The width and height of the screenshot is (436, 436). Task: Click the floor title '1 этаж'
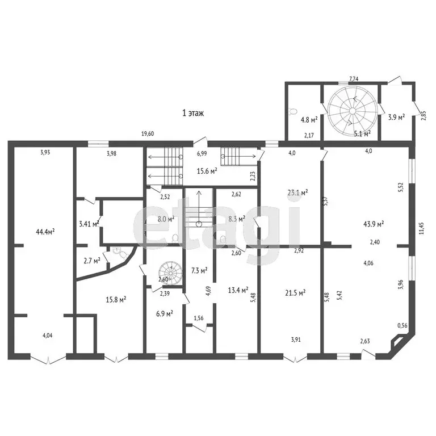point(193,113)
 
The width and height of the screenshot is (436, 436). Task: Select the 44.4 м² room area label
point(45,232)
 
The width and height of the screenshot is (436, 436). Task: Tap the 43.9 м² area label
point(374,224)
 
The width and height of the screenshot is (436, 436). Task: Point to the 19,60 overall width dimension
point(148,134)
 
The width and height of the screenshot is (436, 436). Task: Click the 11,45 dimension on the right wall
point(422,228)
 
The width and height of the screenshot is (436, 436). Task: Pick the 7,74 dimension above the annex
point(354,79)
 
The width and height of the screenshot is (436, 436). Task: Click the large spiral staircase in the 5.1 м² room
point(353,111)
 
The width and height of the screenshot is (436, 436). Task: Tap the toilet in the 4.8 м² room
point(292,111)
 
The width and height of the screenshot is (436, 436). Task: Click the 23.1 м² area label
point(297,192)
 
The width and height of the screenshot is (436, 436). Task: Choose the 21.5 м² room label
point(295,292)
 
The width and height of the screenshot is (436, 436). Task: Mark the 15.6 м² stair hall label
point(207,171)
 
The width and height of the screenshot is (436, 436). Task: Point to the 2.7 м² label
point(92,261)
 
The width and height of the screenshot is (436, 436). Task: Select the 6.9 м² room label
point(164,313)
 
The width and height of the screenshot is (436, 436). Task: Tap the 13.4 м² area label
point(238,290)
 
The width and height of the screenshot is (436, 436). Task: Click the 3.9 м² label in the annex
point(396,118)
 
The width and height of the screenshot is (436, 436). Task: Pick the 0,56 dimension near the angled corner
point(403,326)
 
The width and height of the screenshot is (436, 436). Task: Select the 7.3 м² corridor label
point(199,270)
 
